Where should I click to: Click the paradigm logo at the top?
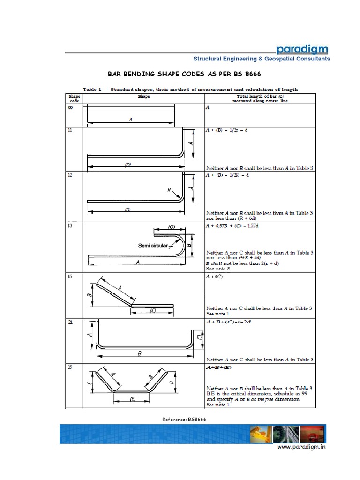[x=302, y=49]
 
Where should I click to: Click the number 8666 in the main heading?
[x=251, y=75]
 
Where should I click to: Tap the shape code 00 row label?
[x=70, y=108]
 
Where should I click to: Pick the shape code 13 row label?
[x=70, y=226]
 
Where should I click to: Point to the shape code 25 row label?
[x=70, y=368]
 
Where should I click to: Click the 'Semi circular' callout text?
[x=153, y=245]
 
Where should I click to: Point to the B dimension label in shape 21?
[x=139, y=354]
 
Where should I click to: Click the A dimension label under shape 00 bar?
[x=131, y=120]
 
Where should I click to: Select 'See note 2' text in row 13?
[x=218, y=269]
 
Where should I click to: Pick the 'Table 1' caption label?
[x=95, y=90]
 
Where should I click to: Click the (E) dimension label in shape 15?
[x=152, y=310]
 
